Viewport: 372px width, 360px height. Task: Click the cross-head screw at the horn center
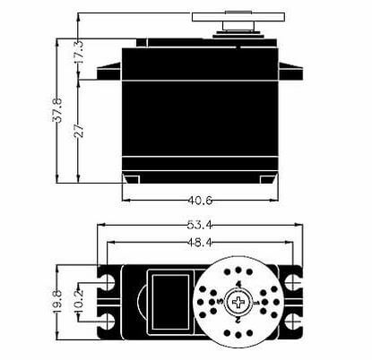[x=238, y=302]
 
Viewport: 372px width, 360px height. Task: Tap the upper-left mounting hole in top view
[x=109, y=283]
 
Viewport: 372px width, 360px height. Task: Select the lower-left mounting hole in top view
[x=109, y=321]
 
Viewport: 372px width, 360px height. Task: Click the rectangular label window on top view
[x=169, y=300]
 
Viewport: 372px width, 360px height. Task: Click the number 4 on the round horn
[x=238, y=284]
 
